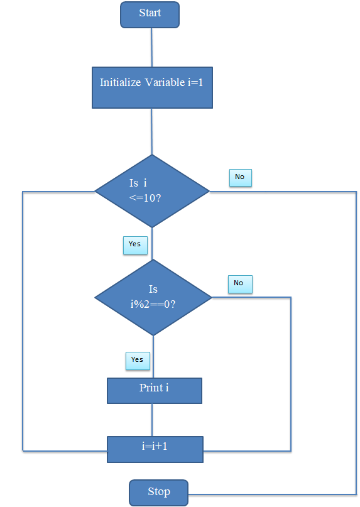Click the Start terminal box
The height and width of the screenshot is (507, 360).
[150, 15]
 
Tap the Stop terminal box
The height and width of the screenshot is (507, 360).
[158, 493]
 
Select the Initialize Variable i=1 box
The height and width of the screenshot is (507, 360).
[152, 87]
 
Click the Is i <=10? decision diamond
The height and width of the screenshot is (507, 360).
[152, 191]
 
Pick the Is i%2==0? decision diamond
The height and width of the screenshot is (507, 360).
[153, 297]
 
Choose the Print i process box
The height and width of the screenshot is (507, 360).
[155, 391]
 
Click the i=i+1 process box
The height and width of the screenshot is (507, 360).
[155, 449]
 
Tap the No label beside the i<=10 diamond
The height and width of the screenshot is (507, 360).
[241, 178]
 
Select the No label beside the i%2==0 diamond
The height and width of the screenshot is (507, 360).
[240, 284]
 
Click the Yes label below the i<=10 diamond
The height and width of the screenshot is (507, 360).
[135, 245]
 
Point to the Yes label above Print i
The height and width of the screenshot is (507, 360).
[138, 361]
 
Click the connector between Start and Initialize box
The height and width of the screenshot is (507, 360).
[151, 48]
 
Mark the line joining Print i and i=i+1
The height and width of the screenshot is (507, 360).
[152, 420]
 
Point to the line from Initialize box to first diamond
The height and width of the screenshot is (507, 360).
[151, 131]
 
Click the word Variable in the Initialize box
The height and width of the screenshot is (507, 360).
[165, 82]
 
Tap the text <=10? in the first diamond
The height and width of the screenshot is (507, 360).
[145, 198]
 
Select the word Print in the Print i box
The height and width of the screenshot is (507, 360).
[151, 388]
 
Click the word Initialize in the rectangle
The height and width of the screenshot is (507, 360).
[121, 82]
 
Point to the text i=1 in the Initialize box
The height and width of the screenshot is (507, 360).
[195, 82]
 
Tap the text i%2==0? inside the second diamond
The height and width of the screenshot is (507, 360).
[153, 304]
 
